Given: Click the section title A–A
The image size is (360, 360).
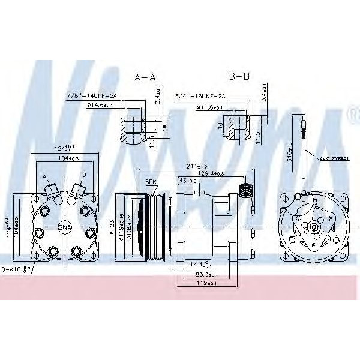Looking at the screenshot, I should (x=145, y=77).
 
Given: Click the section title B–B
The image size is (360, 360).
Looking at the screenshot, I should (x=239, y=77).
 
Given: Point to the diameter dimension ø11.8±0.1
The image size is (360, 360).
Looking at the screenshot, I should (x=209, y=107).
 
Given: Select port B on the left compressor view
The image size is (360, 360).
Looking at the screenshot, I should (x=79, y=188).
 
